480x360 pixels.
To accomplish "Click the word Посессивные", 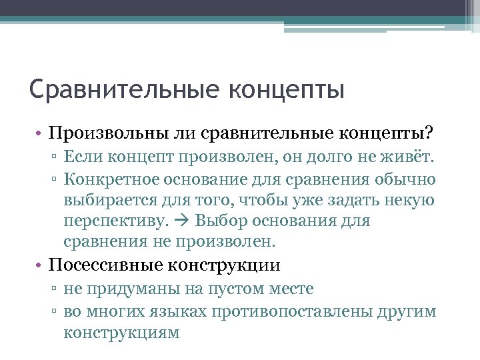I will [107, 265].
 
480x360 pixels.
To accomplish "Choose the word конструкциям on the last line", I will [121, 332].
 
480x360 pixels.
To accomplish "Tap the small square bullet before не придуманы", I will [57, 290].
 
